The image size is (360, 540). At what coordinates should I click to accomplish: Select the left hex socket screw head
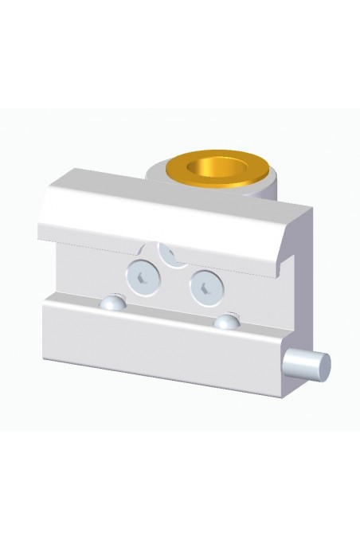[x=142, y=276]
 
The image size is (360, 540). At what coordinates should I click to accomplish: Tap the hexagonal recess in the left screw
[x=141, y=277]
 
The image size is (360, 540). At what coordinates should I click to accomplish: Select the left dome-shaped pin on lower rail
[x=114, y=304]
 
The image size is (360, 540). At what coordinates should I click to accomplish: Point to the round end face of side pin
[x=323, y=366]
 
